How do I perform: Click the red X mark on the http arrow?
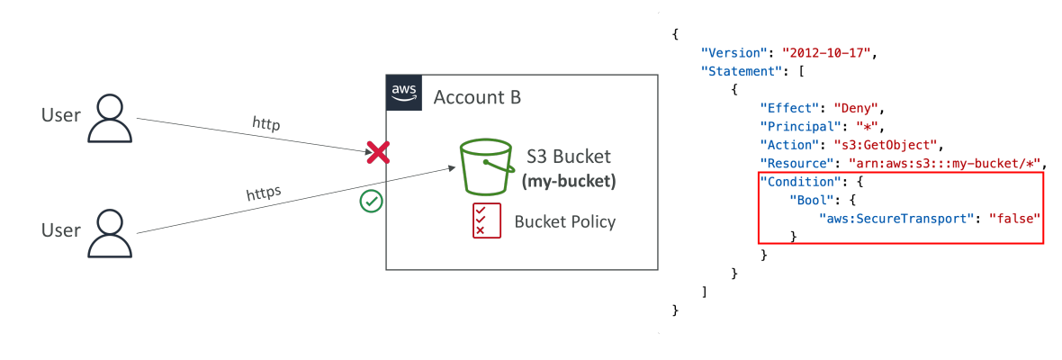coord(377,153)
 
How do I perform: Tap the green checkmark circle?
coord(372,201)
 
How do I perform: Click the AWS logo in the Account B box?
coord(405,93)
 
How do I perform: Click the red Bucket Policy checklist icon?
coord(486,220)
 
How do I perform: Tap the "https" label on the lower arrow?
coord(264,195)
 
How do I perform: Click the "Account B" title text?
coord(477,97)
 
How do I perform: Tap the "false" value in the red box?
coord(1014,219)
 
